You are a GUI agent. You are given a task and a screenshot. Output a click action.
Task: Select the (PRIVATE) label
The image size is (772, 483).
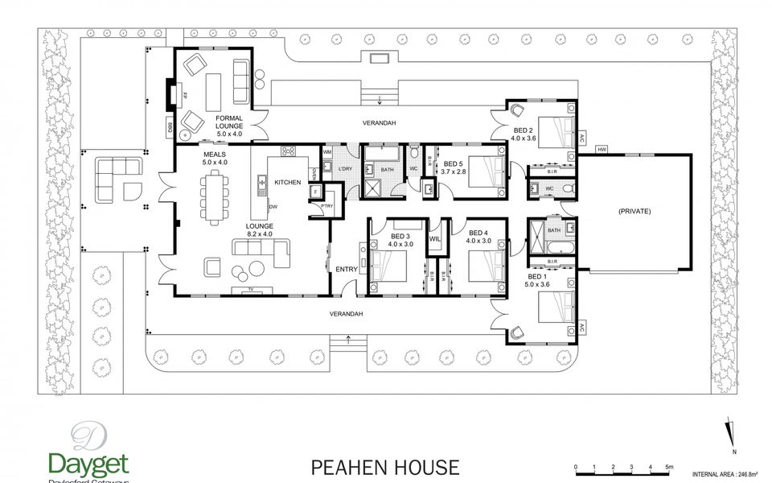(x=634, y=210)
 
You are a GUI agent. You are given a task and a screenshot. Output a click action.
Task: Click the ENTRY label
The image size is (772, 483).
(x=347, y=270)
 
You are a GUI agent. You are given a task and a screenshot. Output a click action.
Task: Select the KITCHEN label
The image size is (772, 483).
(x=287, y=183)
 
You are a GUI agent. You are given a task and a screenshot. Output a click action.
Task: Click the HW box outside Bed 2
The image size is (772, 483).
(x=602, y=150)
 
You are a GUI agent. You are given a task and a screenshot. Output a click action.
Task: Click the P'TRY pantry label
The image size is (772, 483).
(x=326, y=207)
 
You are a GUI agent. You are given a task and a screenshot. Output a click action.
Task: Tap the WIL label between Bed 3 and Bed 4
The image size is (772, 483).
(x=435, y=239)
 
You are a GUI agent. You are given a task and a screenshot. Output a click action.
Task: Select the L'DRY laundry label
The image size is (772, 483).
(x=346, y=167)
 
